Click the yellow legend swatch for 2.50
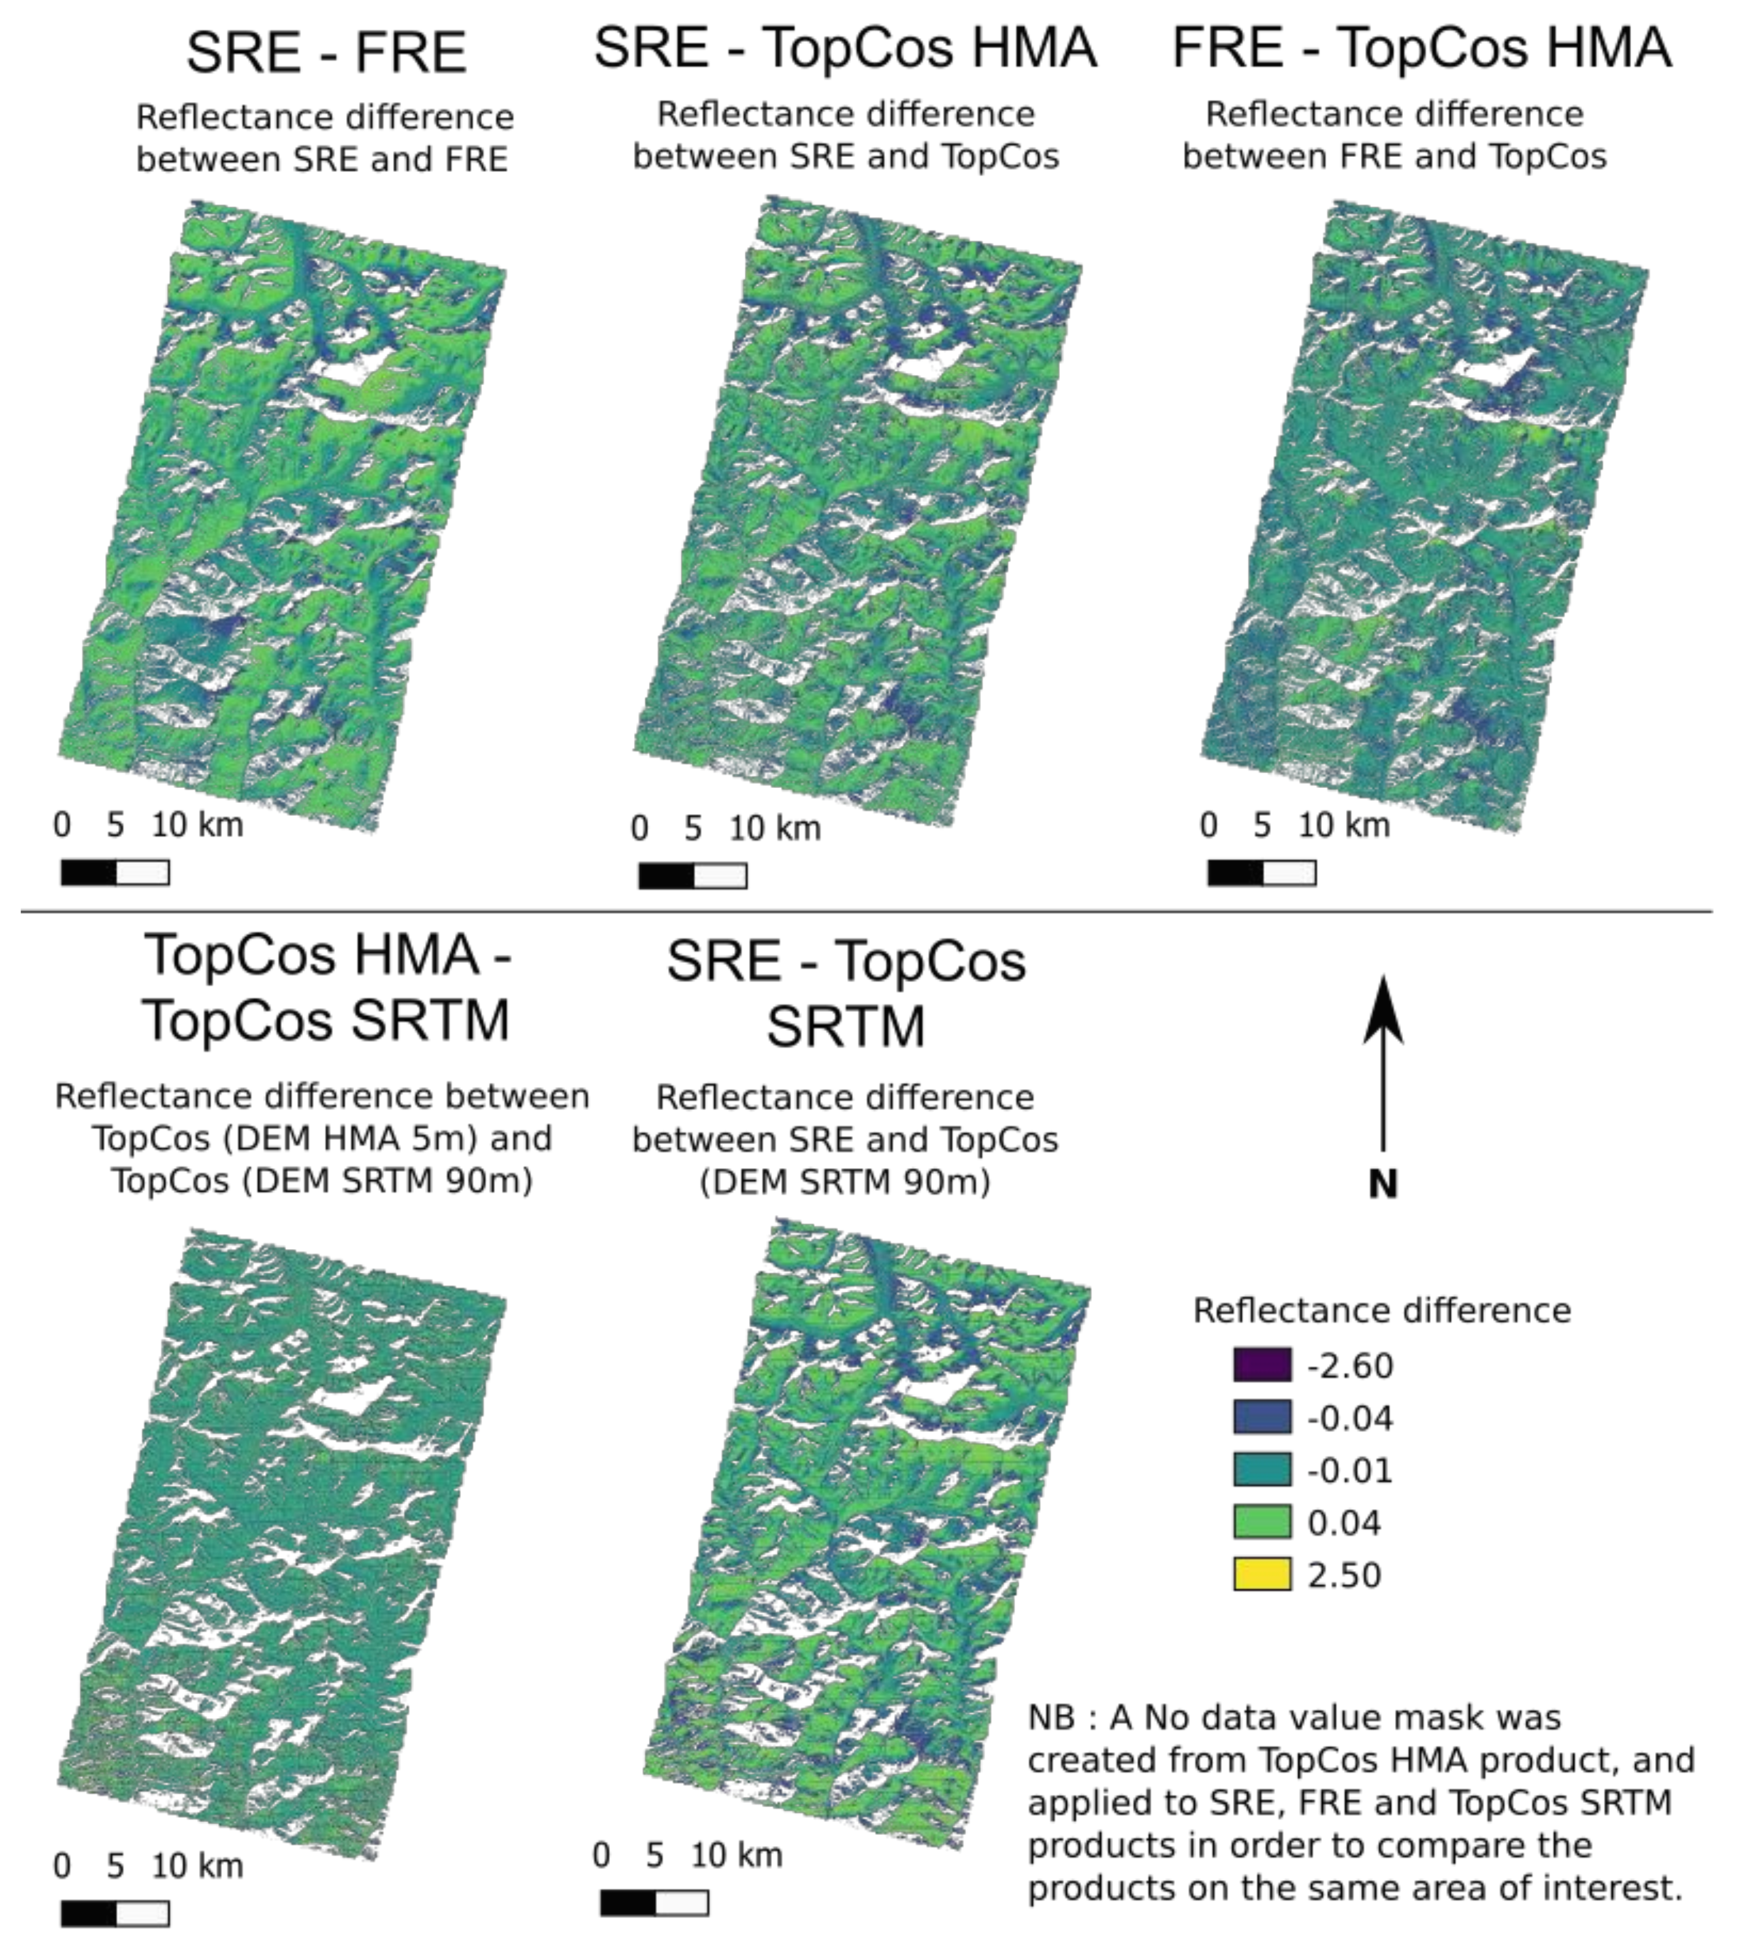[x=1261, y=1574]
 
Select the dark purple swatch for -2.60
[x=1261, y=1365]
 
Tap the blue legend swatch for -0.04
[x=1261, y=1417]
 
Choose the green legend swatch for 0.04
[x=1261, y=1522]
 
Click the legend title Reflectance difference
[x=1381, y=1310]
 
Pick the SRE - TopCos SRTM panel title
[x=845, y=993]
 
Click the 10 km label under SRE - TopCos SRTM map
[x=736, y=1855]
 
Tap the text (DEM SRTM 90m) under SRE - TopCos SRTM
[x=845, y=1181]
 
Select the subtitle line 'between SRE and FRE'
[x=322, y=159]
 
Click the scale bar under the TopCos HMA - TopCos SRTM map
[x=115, y=1913]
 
